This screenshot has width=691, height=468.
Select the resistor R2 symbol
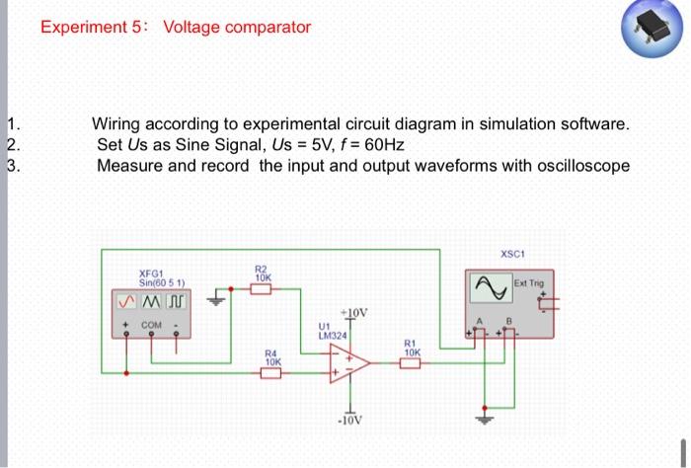click(262, 287)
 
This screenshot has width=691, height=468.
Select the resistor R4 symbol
click(272, 372)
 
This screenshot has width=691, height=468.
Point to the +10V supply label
click(353, 313)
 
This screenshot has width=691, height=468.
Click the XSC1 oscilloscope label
click(512, 254)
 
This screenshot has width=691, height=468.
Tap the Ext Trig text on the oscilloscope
click(528, 284)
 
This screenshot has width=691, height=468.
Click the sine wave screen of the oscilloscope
click(488, 286)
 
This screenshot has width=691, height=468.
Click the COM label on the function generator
click(151, 323)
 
